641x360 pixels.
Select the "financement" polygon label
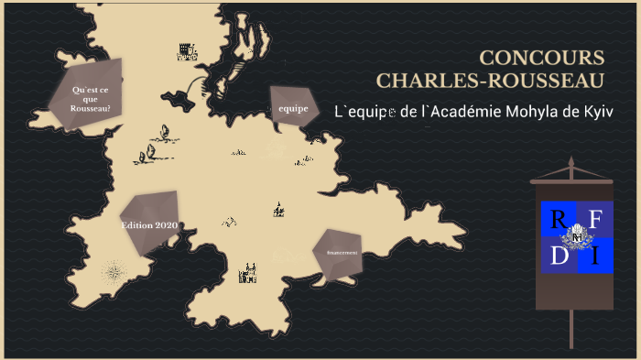coord(336,252)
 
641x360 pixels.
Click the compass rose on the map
coord(114,271)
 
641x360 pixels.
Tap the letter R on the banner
coord(558,221)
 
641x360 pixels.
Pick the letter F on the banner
coord(594,220)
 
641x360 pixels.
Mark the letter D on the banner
coord(559,257)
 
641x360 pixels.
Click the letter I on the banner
coord(594,257)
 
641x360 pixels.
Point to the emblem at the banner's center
coord(576,239)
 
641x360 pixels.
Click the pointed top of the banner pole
coord(572,162)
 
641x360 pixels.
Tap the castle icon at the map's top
coord(187,51)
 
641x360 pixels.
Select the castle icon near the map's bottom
coord(247,273)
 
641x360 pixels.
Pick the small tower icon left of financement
coord(278,210)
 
